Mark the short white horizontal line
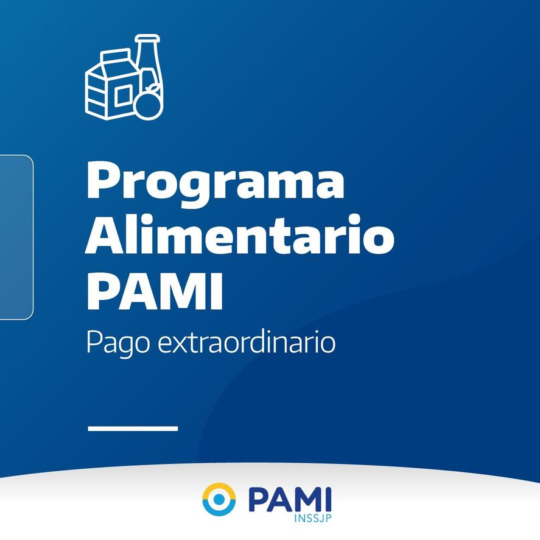pos(133,429)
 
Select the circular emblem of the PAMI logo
pos(219,499)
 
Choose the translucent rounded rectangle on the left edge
pos(16,237)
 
